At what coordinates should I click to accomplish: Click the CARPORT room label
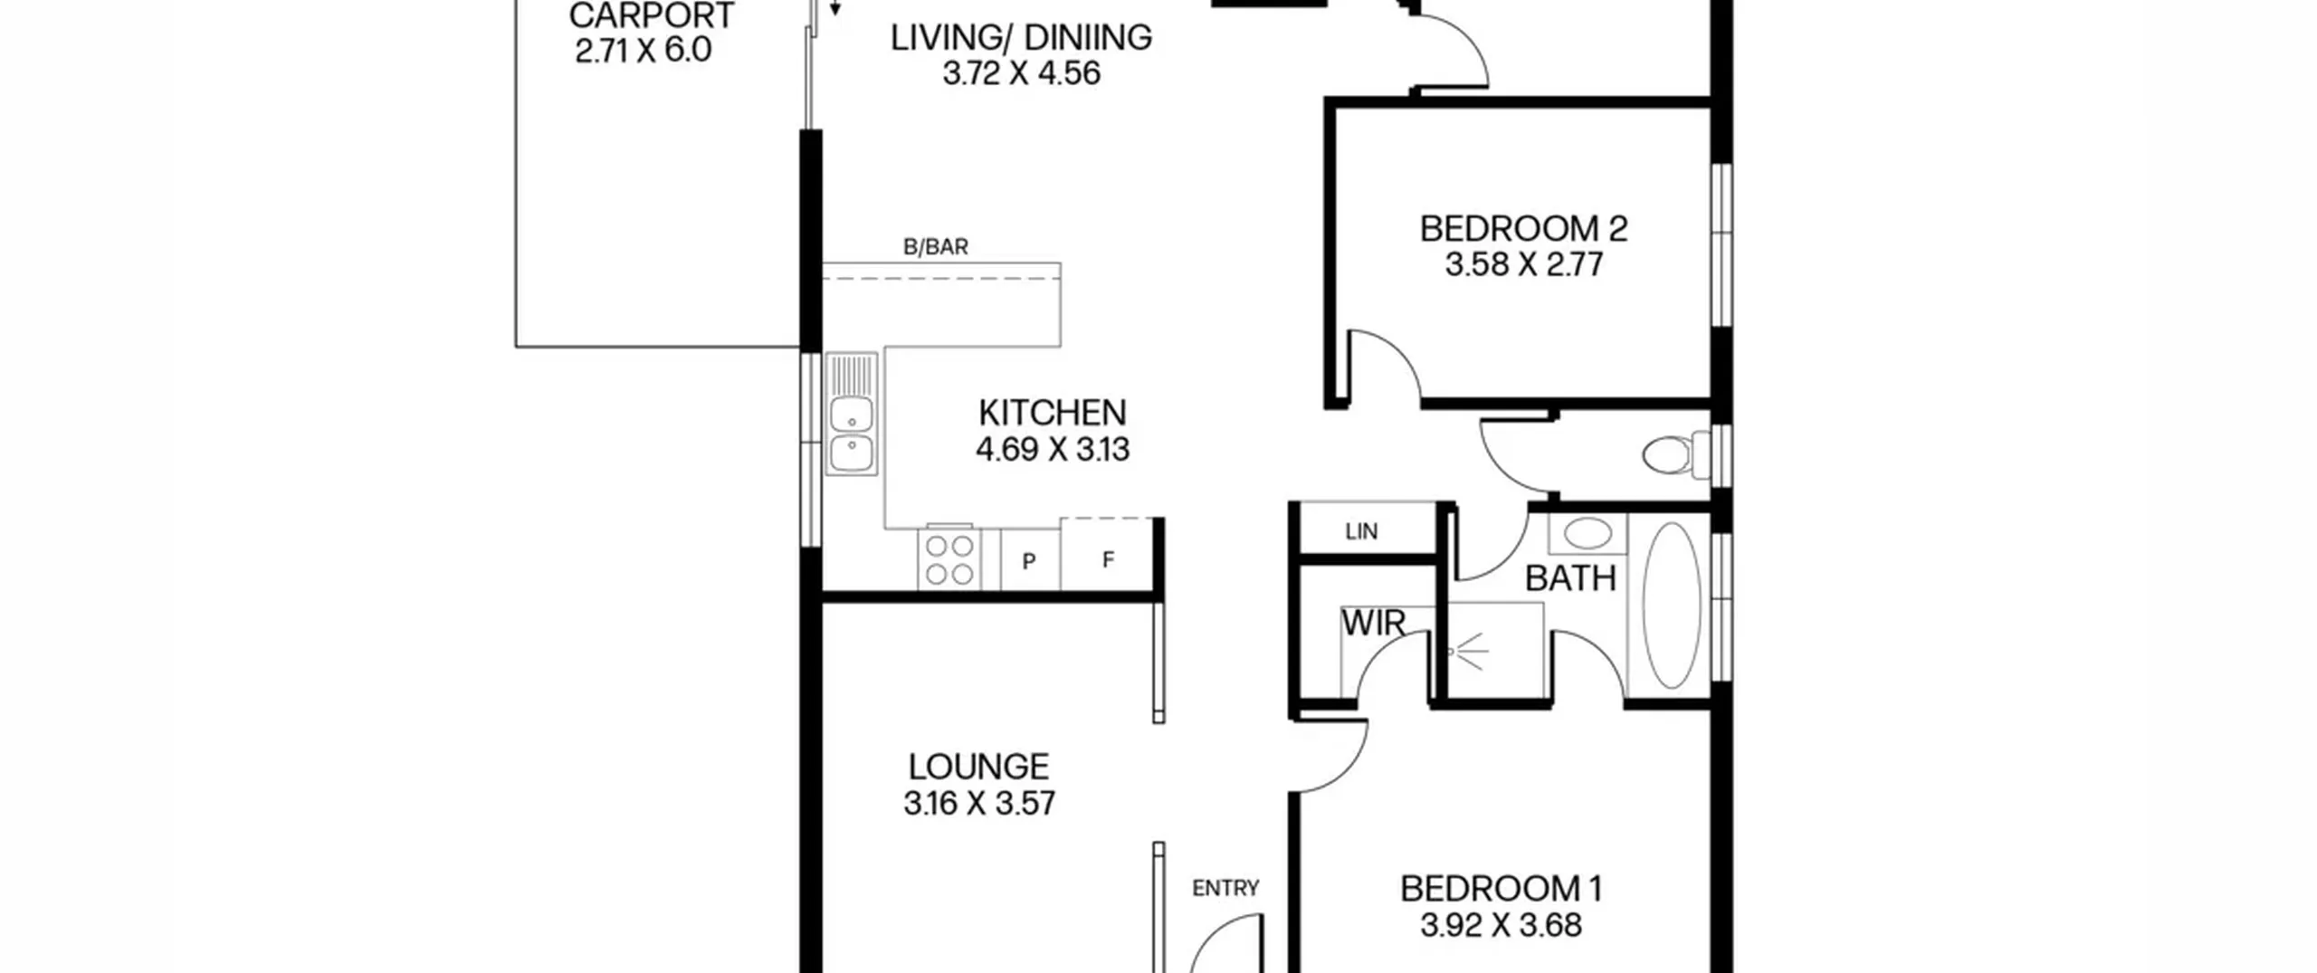[x=652, y=15]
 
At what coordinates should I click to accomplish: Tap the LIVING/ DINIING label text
[x=1021, y=38]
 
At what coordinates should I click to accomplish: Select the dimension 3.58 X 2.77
[x=1524, y=265]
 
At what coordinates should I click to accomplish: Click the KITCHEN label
[x=1053, y=414]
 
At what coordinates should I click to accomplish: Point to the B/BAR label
[x=936, y=247]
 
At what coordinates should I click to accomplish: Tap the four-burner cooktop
[x=949, y=559]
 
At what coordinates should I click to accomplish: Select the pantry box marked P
[x=1029, y=561]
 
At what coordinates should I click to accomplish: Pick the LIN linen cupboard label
[x=1361, y=532]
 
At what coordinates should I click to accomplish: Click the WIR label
[x=1373, y=624]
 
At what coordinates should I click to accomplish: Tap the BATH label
[x=1570, y=578]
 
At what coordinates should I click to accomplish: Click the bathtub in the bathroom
[x=1672, y=605]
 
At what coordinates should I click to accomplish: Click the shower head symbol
[x=1466, y=651]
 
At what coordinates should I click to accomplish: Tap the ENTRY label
[x=1225, y=889]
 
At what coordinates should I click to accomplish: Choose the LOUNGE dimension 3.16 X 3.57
[x=979, y=804]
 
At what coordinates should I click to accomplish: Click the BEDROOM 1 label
[x=1502, y=889]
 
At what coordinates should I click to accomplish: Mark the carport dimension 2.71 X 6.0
[x=644, y=50]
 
